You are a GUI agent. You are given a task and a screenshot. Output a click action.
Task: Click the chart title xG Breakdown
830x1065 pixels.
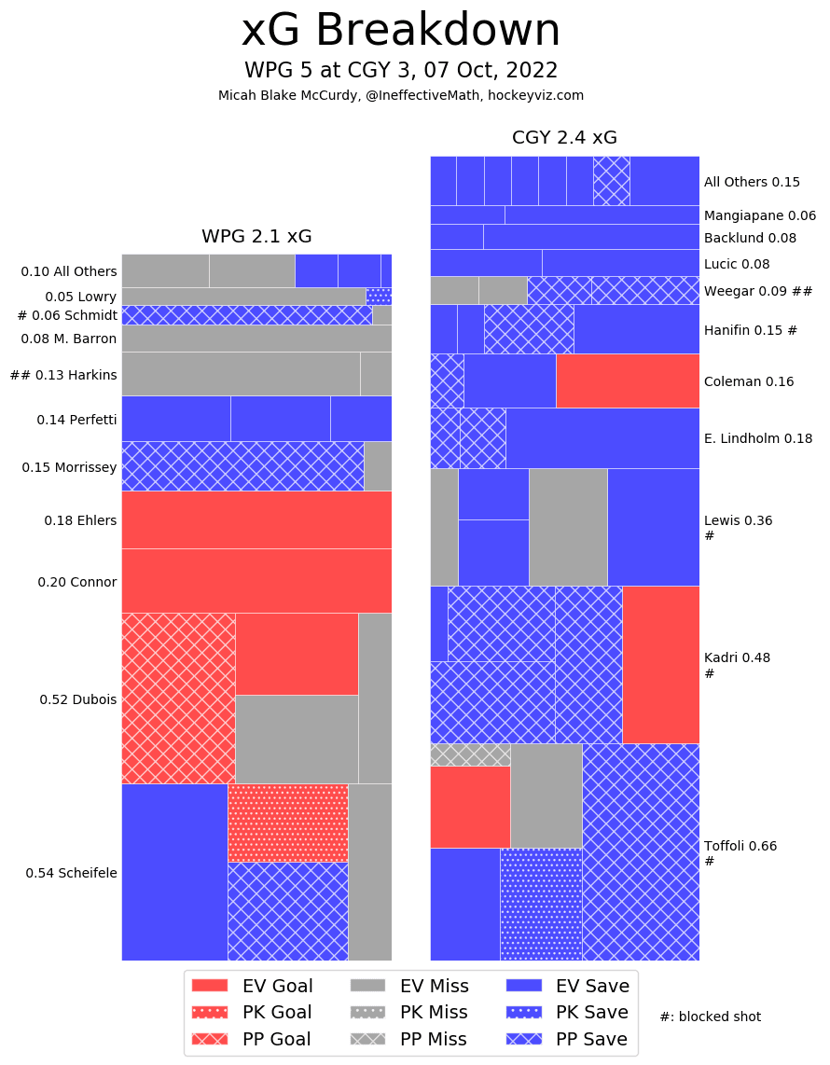(401, 31)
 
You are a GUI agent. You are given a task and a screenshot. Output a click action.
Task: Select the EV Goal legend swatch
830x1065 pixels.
(210, 986)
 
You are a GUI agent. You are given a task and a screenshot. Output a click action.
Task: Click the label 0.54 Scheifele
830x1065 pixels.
(71, 873)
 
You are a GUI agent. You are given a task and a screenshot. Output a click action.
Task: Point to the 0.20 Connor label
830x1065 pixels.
(77, 582)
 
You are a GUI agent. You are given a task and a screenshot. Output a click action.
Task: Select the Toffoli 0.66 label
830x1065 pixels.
(740, 846)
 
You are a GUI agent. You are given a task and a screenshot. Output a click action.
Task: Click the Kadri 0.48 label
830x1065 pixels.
(737, 657)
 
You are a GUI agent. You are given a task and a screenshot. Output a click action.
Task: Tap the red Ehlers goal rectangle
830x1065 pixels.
(256, 519)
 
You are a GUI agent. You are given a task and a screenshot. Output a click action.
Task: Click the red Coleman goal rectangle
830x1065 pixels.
(628, 380)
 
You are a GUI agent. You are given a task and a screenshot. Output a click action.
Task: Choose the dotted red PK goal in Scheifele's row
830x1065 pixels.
(287, 823)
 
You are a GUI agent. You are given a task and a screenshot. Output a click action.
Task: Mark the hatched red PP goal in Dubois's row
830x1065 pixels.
(178, 698)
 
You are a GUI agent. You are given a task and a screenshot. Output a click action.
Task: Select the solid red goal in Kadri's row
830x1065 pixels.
(660, 664)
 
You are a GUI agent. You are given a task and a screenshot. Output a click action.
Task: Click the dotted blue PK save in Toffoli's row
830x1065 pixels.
(541, 904)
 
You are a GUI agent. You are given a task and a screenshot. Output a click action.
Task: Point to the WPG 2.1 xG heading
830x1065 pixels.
(256, 236)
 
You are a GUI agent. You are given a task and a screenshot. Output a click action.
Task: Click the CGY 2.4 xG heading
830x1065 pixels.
(564, 138)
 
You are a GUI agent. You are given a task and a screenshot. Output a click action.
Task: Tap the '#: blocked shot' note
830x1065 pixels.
(710, 1017)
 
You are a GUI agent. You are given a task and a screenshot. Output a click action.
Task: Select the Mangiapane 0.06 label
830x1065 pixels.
(759, 215)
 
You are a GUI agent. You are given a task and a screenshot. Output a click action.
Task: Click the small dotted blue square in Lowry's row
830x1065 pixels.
(379, 296)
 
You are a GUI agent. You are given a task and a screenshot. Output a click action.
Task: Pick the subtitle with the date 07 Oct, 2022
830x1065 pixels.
(401, 71)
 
